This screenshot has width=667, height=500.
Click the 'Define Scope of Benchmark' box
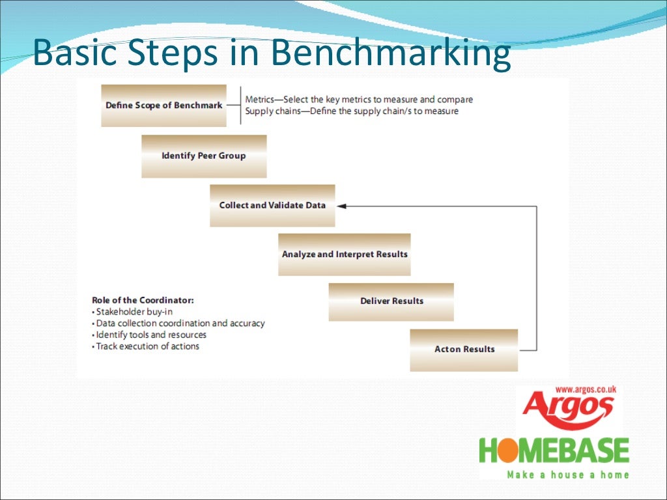pyautogui.click(x=164, y=105)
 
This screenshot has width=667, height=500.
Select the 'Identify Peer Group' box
pyautogui.click(x=204, y=156)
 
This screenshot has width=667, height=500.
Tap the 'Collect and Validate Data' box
pyautogui.click(x=272, y=206)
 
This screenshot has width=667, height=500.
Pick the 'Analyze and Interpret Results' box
pyautogui.click(x=345, y=254)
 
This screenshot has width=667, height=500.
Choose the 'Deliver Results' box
pyautogui.click(x=391, y=301)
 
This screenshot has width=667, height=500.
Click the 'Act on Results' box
pyautogui.click(x=464, y=350)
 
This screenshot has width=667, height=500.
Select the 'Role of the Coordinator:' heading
pyautogui.click(x=143, y=300)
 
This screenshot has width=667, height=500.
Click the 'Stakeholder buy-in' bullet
pyautogui.click(x=134, y=312)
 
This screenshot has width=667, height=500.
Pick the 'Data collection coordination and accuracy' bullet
pyautogui.click(x=180, y=324)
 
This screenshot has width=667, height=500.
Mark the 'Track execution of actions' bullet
pyautogui.click(x=147, y=346)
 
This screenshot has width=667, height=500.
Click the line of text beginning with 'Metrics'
pyautogui.click(x=359, y=100)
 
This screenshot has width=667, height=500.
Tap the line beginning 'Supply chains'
pyautogui.click(x=352, y=111)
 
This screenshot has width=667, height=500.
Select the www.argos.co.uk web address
pyautogui.click(x=586, y=390)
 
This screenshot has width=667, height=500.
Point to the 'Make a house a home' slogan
pyautogui.click(x=568, y=475)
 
